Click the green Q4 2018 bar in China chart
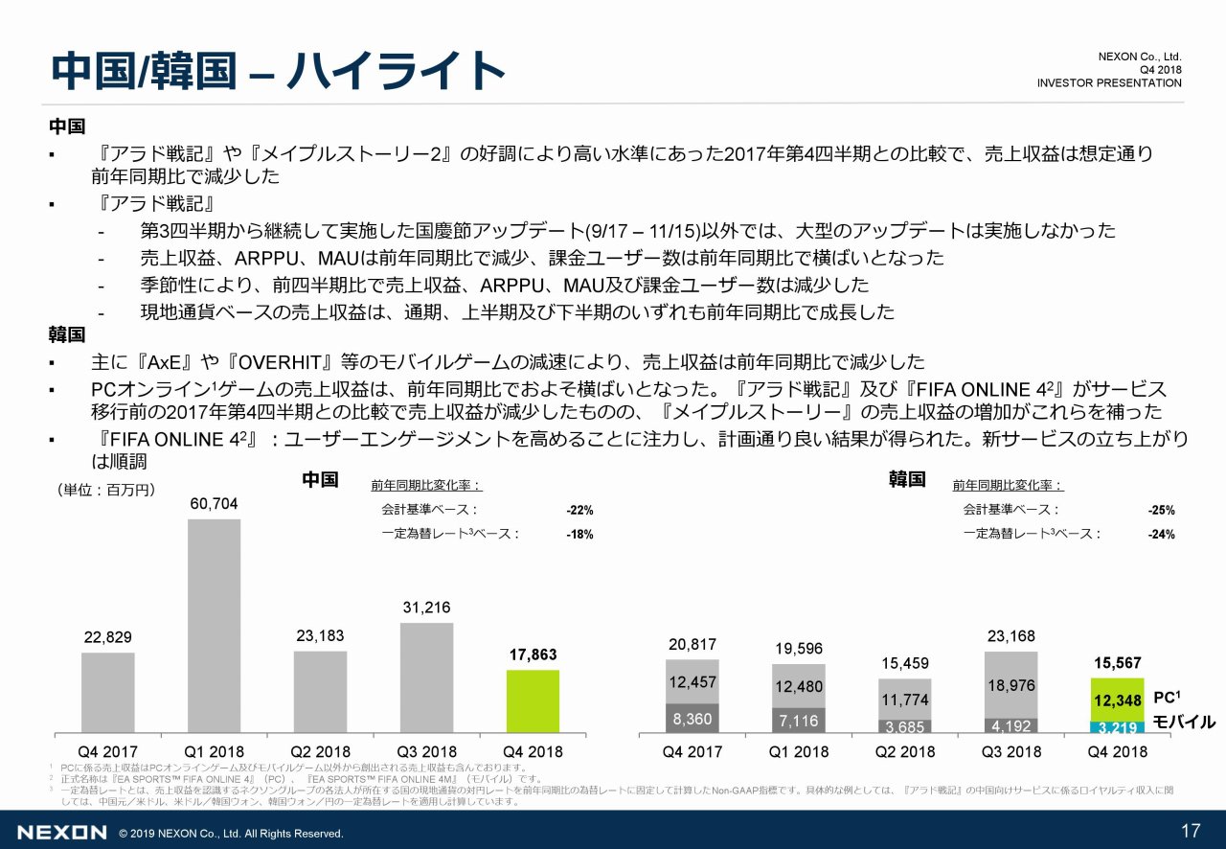coord(532,700)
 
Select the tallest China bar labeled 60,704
coord(214,625)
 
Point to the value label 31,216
coord(426,608)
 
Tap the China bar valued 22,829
coord(107,692)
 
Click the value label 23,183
coord(320,635)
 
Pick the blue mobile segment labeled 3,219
coord(1117,727)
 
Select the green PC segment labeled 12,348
coord(1117,700)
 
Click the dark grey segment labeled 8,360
coord(692,719)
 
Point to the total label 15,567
coord(1117,662)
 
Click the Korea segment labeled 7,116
coord(798,721)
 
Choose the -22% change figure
coord(579,510)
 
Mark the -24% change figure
coord(1161,535)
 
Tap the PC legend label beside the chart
coord(1166,698)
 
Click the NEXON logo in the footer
coord(62,833)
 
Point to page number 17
coord(1191,831)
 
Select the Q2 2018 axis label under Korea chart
coord(904,751)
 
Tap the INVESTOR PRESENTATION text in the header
coord(1109,83)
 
